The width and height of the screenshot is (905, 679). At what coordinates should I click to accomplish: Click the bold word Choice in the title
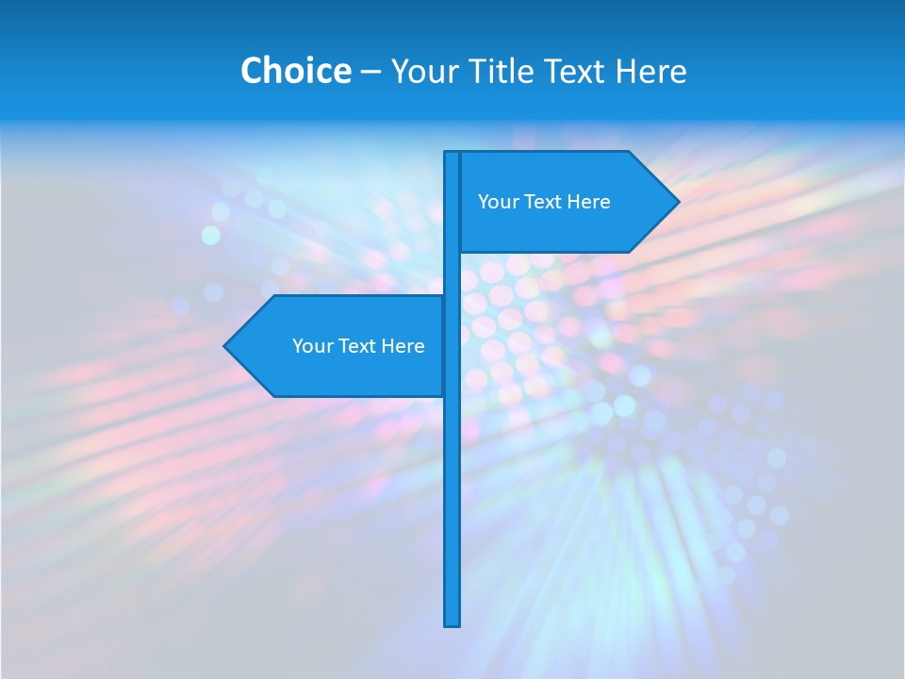[295, 71]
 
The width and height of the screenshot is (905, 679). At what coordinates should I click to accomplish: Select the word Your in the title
[422, 71]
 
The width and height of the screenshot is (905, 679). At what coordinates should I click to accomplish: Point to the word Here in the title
[651, 71]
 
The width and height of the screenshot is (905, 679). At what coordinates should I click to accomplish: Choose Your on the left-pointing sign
[311, 346]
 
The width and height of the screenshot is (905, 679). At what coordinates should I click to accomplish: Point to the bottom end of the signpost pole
[452, 622]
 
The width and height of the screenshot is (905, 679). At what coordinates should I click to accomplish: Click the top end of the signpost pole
[452, 155]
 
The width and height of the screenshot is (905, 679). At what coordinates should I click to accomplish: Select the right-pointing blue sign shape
[566, 226]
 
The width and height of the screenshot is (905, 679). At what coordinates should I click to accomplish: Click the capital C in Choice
[252, 71]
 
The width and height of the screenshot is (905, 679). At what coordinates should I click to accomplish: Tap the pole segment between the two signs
[452, 273]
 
